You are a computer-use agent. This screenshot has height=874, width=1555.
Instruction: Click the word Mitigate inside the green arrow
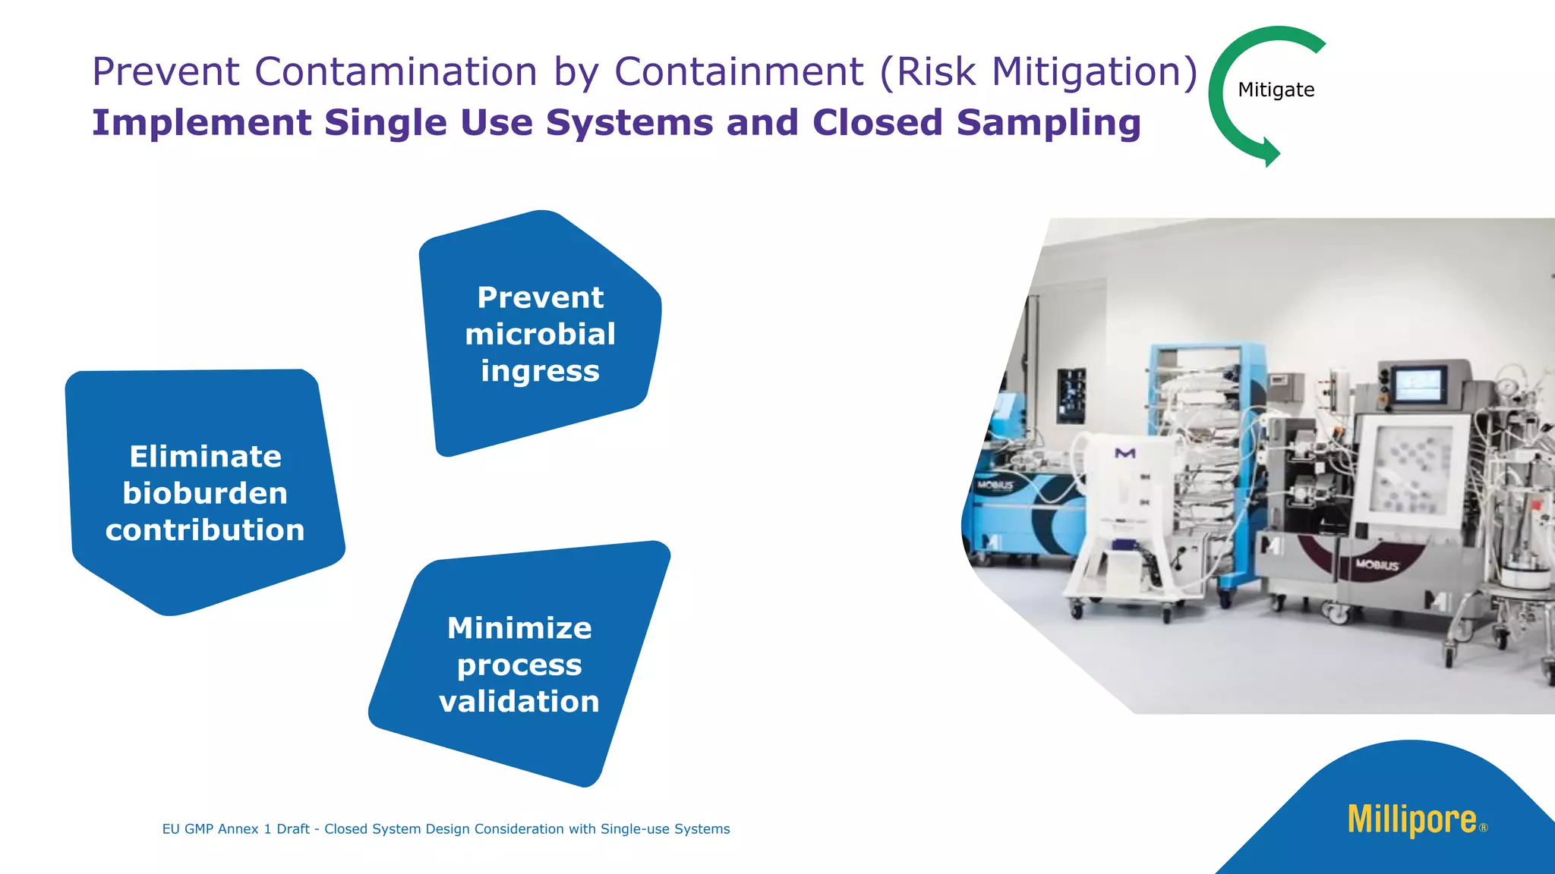[x=1276, y=90]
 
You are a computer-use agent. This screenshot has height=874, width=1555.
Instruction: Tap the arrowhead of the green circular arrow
[x=1270, y=151]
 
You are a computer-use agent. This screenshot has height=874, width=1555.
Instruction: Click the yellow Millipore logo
[x=1411, y=820]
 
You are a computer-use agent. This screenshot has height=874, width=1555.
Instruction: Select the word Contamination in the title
[x=396, y=72]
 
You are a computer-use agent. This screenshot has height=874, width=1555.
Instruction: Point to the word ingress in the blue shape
[x=540, y=371]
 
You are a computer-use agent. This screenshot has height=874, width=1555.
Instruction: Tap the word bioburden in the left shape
[x=205, y=493]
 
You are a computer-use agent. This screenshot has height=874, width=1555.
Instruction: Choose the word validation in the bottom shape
[x=519, y=701]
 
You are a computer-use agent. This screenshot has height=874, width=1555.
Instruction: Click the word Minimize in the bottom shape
[x=519, y=628]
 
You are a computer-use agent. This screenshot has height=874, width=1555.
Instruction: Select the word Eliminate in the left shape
[x=205, y=457]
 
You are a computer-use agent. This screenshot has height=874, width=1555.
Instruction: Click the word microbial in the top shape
[x=540, y=335]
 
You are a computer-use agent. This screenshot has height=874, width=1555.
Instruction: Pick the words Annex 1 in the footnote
[x=244, y=829]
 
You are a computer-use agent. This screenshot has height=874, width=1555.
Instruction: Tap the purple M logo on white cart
[x=1124, y=453]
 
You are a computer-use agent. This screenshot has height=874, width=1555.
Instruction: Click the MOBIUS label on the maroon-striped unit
[x=1377, y=565]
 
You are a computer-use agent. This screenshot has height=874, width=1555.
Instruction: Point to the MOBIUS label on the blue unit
[x=995, y=485]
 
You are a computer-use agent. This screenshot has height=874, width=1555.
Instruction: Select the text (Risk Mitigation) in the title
[x=1039, y=72]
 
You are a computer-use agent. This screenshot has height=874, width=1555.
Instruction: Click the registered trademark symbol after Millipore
[x=1484, y=828]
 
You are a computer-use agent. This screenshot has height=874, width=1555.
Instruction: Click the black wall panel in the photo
[x=1071, y=395]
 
